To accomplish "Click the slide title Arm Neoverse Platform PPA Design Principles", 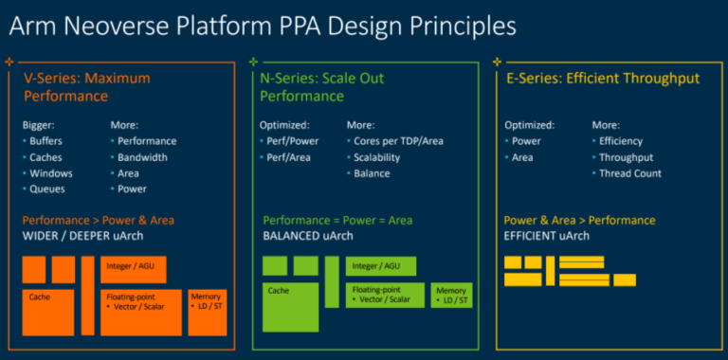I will click(x=264, y=25).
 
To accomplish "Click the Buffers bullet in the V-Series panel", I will click(x=46, y=141).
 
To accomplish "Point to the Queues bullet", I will click(x=46, y=189).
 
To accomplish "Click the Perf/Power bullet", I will click(x=291, y=141).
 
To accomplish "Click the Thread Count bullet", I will click(x=629, y=173).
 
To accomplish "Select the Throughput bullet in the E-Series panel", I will click(x=626, y=157).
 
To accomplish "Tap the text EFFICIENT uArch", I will click(x=546, y=235).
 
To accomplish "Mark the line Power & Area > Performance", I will click(x=579, y=220).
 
